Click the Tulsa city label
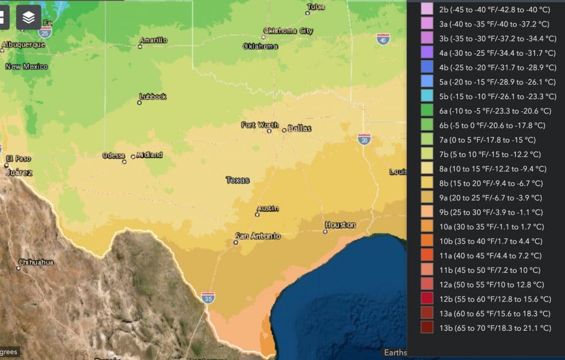[317, 7]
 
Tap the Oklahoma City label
[288, 31]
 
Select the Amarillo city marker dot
[140, 47]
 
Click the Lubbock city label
[153, 96]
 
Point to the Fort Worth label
[259, 125]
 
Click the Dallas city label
[300, 128]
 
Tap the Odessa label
[114, 155]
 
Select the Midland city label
[149, 155]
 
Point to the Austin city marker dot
[257, 214]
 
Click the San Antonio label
[258, 236]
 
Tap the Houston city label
[340, 225]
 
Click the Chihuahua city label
[36, 262]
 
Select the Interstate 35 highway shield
[207, 298]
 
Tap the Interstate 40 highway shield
[383, 39]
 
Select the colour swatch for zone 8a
[427, 169]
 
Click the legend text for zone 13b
[495, 328]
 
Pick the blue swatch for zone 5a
[427, 82]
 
